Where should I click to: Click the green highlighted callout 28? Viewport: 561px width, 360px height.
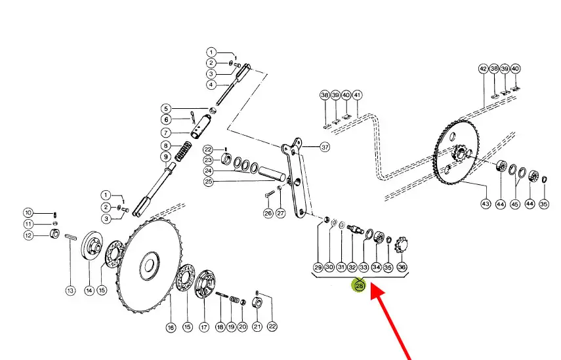click(x=359, y=285)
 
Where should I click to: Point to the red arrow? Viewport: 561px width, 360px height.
click(x=390, y=321)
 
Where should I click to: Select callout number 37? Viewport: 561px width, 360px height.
click(x=325, y=147)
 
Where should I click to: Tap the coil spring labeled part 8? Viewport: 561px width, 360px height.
click(x=183, y=151)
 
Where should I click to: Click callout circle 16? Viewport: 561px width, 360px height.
click(x=171, y=327)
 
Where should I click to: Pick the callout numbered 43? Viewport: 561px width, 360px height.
click(x=486, y=204)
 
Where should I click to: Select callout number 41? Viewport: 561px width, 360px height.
click(x=357, y=95)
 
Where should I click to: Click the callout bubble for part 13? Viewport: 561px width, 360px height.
click(x=70, y=290)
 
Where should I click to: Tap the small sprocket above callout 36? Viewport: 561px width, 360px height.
click(x=401, y=246)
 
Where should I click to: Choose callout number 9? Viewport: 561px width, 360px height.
click(x=165, y=157)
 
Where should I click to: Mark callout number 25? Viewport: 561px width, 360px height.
click(x=208, y=181)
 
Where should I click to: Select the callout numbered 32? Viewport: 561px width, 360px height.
click(x=352, y=267)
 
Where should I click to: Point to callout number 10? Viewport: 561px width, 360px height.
click(x=28, y=212)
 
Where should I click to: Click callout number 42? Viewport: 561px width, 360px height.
click(x=484, y=69)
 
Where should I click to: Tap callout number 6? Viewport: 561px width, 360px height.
click(x=166, y=119)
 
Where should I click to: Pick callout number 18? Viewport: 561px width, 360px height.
click(x=220, y=327)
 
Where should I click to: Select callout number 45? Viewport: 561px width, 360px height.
click(x=514, y=204)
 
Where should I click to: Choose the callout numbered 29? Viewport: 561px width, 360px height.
click(x=318, y=267)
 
